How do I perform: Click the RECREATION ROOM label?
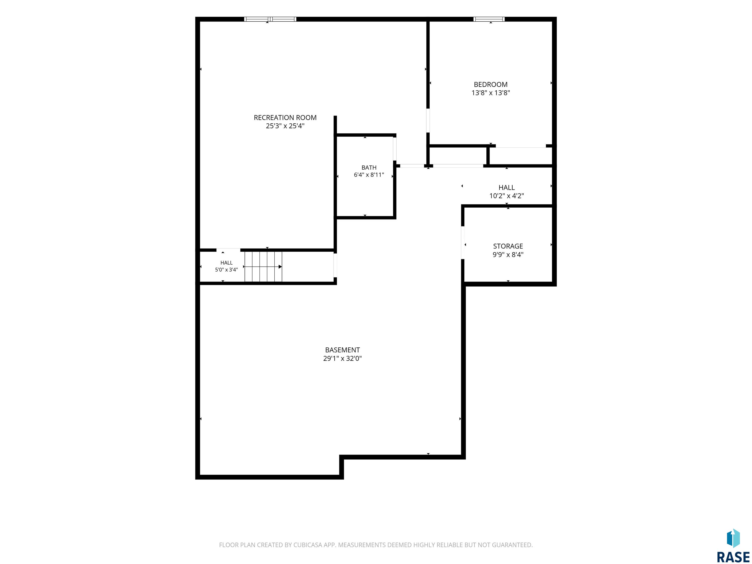pos(285,118)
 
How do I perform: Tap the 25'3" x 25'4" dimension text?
pos(285,126)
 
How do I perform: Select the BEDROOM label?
pos(491,85)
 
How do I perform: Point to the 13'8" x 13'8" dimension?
pos(491,93)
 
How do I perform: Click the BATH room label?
pos(369,168)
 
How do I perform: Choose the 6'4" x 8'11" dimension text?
pos(369,175)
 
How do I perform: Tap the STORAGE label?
pos(508,246)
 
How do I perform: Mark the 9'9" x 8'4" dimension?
pos(508,255)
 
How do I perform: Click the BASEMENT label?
pos(342,350)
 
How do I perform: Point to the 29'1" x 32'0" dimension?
pos(342,358)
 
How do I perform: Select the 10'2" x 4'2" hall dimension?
pos(506,196)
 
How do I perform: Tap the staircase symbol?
pos(263,267)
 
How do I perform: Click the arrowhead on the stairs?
pos(280,267)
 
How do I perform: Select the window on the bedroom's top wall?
pos(489,19)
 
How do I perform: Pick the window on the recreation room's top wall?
pos(270,19)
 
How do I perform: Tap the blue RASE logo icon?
pos(733,538)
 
